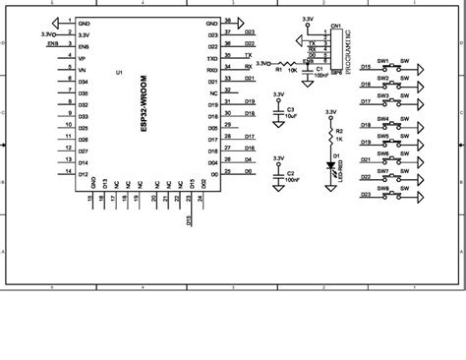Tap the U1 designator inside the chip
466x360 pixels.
tap(119, 74)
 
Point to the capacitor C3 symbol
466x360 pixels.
tap(280, 113)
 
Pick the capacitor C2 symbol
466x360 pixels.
tap(280, 176)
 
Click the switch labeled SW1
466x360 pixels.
tap(396, 69)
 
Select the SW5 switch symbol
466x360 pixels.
tap(396, 140)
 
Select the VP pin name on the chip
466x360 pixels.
tap(82, 58)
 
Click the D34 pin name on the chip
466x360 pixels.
tap(83, 82)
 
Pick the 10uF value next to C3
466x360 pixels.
tap(292, 116)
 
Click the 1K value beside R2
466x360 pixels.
tap(340, 141)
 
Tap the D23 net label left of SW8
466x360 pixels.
tap(366, 195)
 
